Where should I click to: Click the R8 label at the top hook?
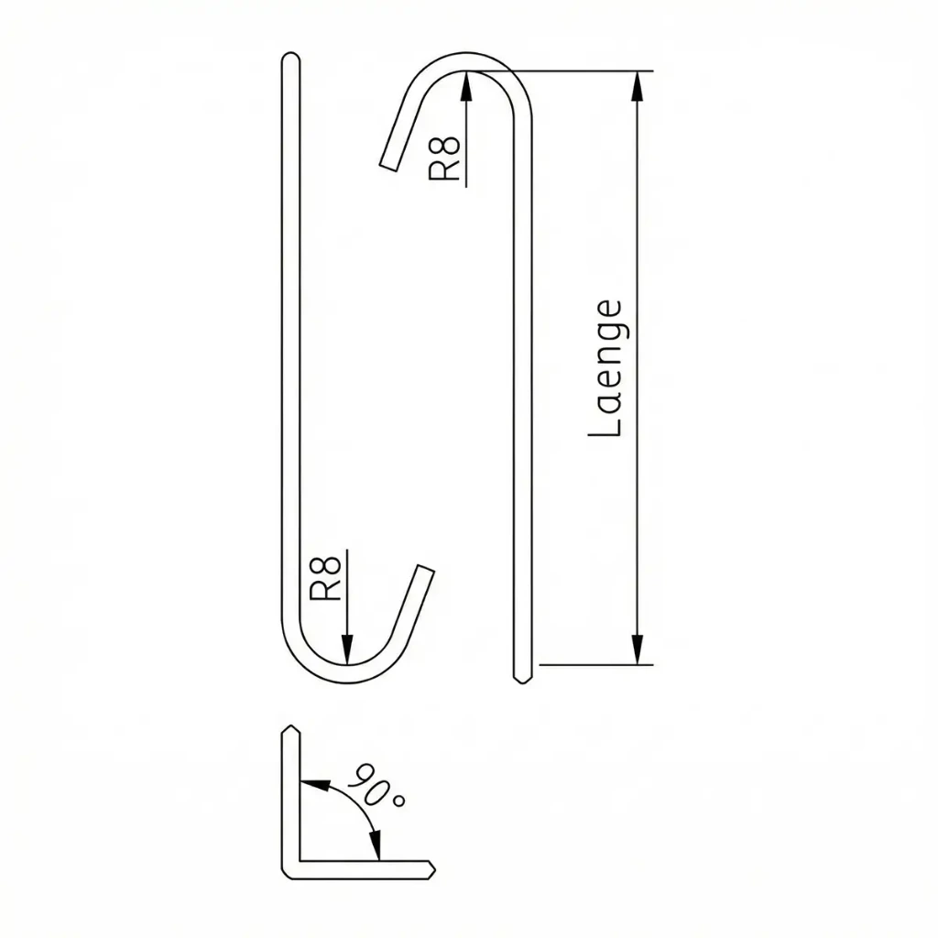coord(444,158)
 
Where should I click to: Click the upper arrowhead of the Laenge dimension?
coord(638,87)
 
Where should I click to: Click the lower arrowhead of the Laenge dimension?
coord(638,649)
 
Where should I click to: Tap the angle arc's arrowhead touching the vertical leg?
coord(315,784)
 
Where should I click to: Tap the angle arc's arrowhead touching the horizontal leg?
coord(375,845)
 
